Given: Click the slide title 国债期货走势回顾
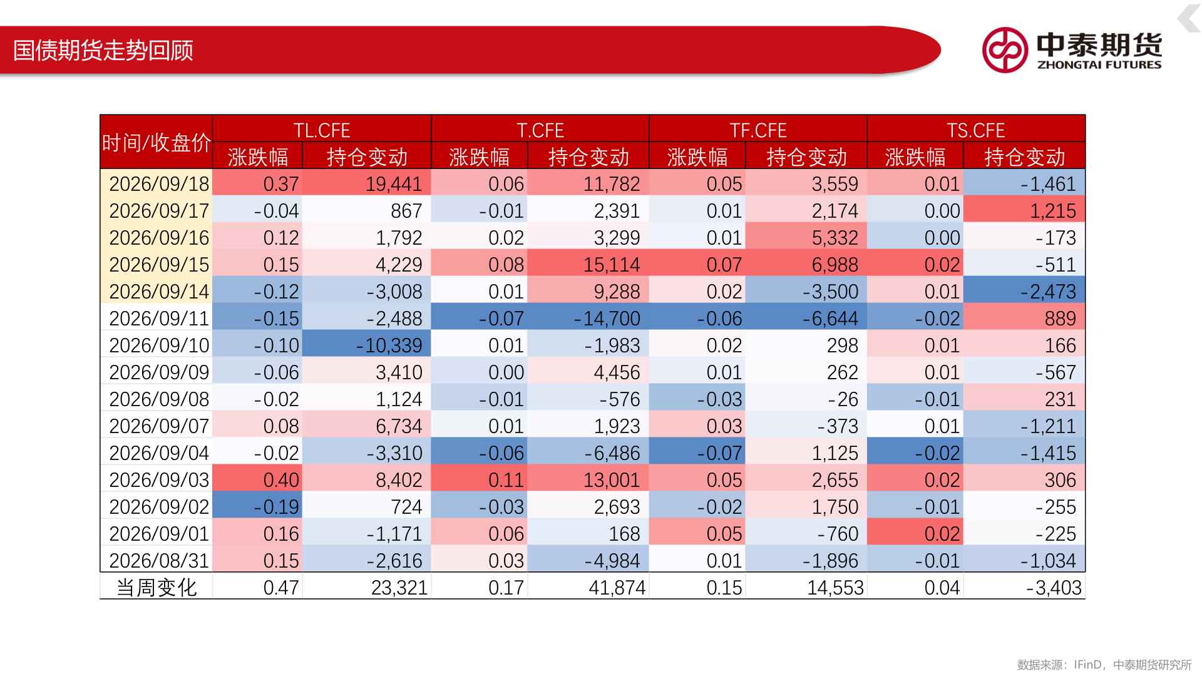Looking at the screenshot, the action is pyautogui.click(x=103, y=51).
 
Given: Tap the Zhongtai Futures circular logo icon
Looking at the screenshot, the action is pyautogui.click(x=1005, y=50).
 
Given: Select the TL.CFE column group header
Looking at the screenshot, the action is pyautogui.click(x=322, y=130).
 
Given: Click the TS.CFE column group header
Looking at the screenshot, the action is pyautogui.click(x=976, y=130).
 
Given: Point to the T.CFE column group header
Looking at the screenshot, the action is pyautogui.click(x=540, y=130).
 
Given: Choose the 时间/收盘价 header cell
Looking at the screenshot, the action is pyautogui.click(x=157, y=143).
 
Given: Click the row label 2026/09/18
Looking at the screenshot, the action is pyautogui.click(x=159, y=183).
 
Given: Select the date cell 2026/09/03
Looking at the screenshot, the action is pyautogui.click(x=159, y=479).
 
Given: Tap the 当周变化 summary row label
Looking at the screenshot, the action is pyautogui.click(x=157, y=587).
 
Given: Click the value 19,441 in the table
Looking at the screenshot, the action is pyautogui.click(x=394, y=183).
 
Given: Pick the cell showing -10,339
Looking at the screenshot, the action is pyautogui.click(x=389, y=345).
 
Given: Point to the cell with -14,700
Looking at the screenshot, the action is pyautogui.click(x=607, y=318).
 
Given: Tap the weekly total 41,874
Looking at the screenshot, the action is pyautogui.click(x=617, y=587).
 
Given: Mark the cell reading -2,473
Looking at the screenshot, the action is pyautogui.click(x=1048, y=291).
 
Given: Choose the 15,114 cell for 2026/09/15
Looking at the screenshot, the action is pyautogui.click(x=612, y=264).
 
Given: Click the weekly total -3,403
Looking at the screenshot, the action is pyautogui.click(x=1054, y=587).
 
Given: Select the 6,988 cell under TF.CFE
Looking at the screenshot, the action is pyautogui.click(x=835, y=264).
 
